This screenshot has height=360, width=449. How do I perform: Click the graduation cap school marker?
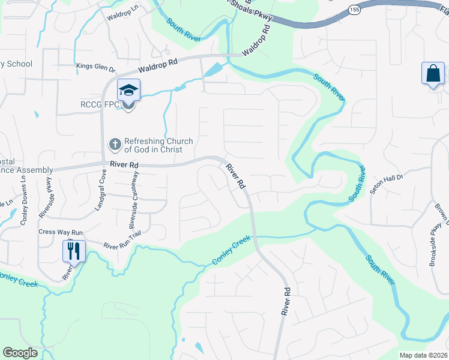(x=128, y=91)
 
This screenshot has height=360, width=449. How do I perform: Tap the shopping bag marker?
(x=432, y=74)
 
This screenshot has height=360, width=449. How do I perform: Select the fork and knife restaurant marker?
(x=74, y=250)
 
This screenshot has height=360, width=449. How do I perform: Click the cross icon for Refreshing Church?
(x=114, y=144)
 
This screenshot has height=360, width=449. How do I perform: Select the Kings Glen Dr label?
(x=95, y=66)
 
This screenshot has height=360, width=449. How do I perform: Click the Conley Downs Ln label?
(x=24, y=203)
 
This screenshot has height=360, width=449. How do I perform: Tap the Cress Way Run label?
(x=60, y=232)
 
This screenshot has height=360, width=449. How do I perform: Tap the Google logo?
(x=20, y=353)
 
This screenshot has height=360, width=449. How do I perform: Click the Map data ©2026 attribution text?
(x=423, y=355)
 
